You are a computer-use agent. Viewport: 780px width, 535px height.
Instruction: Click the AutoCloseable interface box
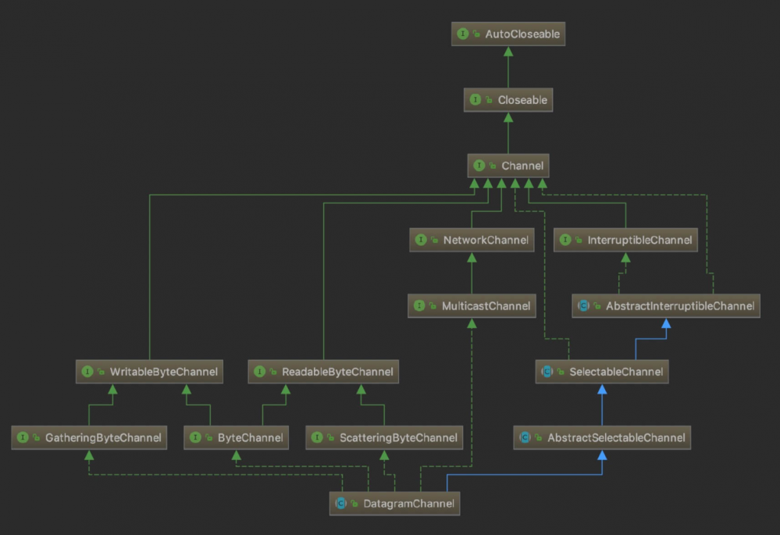[x=508, y=34]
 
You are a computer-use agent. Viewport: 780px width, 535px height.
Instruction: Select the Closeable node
[x=508, y=99]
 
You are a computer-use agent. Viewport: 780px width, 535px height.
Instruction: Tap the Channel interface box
[x=508, y=166]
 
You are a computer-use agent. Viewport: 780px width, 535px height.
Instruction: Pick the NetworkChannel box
[x=472, y=240]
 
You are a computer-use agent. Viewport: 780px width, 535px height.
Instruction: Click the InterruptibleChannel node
[x=625, y=240]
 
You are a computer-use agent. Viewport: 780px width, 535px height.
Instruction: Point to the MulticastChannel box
[x=472, y=305]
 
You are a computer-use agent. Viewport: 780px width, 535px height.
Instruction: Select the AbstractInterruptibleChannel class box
[x=665, y=305]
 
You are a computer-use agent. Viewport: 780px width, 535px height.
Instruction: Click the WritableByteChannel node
[x=149, y=372]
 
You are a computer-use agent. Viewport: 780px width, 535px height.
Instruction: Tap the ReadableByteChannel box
[x=323, y=372]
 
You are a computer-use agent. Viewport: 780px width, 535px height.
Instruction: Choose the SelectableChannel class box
[x=602, y=372]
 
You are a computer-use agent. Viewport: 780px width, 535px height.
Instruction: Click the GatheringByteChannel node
[x=89, y=437]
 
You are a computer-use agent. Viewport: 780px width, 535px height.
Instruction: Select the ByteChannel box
[x=237, y=437]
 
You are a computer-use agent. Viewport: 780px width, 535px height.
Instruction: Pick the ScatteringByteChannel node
[x=384, y=437]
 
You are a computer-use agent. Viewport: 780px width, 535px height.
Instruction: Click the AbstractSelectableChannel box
[x=602, y=437]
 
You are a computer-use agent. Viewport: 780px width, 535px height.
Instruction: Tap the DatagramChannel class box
[x=394, y=504]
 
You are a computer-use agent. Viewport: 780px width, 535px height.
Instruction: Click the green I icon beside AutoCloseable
[x=463, y=34]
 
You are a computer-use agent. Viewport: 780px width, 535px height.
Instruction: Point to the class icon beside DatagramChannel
[x=340, y=504]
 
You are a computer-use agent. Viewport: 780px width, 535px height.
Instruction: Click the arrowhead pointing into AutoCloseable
[x=508, y=52]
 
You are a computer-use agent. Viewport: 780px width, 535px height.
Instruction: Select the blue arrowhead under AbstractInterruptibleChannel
[x=666, y=323]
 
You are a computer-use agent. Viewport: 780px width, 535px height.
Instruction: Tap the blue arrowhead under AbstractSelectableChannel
[x=602, y=455]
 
